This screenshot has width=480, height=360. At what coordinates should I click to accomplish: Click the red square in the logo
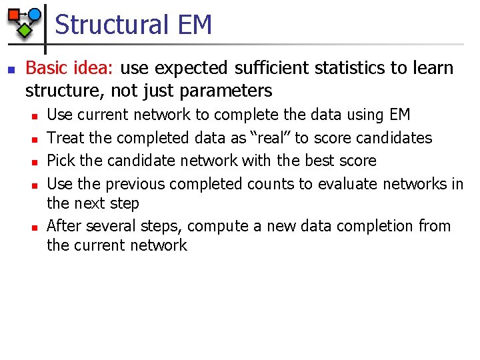tap(13, 14)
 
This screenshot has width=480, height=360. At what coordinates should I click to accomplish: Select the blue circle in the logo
tap(35, 13)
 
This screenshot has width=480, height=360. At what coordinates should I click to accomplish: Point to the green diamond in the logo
tap(25, 29)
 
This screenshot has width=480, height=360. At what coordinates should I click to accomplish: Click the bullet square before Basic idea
tap(9, 69)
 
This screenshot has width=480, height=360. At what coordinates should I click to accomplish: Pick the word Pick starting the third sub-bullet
tap(61, 161)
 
